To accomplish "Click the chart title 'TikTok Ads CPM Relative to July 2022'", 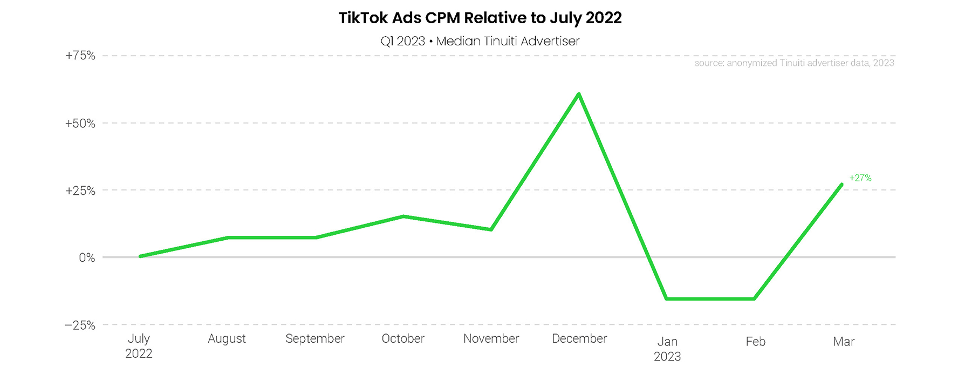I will [x=480, y=18].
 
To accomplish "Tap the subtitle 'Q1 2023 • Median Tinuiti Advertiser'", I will [x=480, y=41].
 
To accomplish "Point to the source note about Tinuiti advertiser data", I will [x=794, y=63].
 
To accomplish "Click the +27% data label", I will [x=860, y=178].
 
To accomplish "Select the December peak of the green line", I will [x=579, y=94].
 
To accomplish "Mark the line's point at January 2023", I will [x=667, y=298].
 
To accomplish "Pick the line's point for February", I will [x=755, y=298].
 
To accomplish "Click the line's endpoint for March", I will [x=841, y=185].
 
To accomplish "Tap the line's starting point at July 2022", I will [x=140, y=256].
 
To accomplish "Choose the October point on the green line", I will [x=403, y=216].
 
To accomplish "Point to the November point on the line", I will [x=491, y=229].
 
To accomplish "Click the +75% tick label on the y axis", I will [x=80, y=56].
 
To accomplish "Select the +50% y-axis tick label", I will [x=80, y=124].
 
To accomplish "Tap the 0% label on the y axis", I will [x=87, y=257].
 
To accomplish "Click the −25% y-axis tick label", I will [x=80, y=325].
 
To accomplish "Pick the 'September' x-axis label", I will [x=315, y=338].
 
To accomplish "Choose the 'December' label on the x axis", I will [x=579, y=338].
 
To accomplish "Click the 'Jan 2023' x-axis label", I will [x=667, y=349].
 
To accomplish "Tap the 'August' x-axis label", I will [x=227, y=338].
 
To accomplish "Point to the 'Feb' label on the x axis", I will [x=755, y=342].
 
